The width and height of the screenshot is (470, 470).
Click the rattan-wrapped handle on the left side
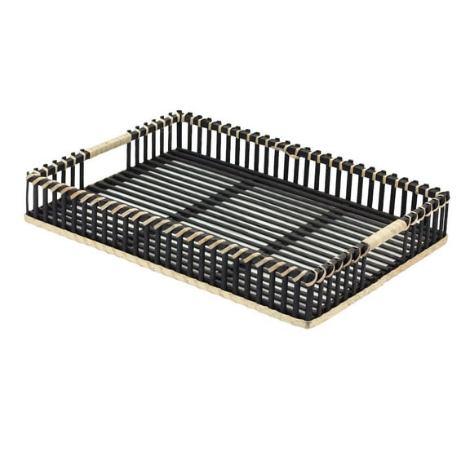[x=106, y=146]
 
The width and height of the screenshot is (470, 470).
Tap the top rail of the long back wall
[x=310, y=151]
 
